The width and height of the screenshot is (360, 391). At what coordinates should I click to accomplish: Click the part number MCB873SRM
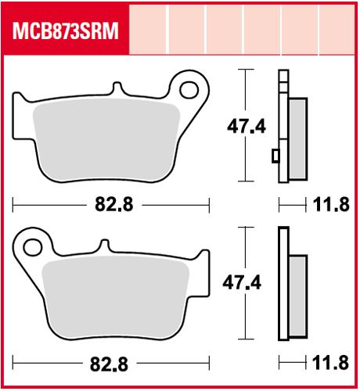pos(66,30)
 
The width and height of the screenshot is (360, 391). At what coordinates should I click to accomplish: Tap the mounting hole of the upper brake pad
pos(189,90)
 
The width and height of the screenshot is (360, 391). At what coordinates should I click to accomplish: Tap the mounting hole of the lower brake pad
pos(33,247)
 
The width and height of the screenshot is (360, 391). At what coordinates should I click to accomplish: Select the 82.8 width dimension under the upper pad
pos(114,204)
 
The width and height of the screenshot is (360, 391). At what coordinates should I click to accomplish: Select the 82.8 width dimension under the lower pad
pos(109,364)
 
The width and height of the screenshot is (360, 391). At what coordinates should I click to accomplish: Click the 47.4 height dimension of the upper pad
pos(247,127)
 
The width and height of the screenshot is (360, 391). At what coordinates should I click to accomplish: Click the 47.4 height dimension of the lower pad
pos(242,282)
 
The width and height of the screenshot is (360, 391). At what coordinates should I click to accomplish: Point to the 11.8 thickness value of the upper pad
pos(331,205)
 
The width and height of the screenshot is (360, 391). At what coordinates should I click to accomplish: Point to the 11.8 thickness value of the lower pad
pos(330,363)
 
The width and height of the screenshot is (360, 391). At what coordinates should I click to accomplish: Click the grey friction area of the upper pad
pos(106,139)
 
